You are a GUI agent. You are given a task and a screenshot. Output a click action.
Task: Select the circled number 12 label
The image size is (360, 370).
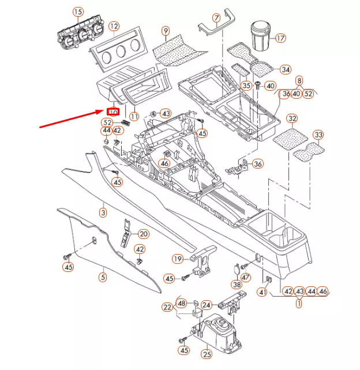[114, 26]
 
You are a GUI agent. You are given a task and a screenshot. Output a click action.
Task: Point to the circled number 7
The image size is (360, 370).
[216, 19]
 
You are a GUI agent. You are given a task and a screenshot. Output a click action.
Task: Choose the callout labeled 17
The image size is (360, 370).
[280, 39]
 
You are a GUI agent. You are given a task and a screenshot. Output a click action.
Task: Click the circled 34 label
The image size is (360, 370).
[285, 70]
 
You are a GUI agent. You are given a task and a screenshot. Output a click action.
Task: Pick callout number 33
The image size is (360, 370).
[318, 135]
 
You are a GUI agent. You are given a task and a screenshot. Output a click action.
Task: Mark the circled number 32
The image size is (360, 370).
[292, 119]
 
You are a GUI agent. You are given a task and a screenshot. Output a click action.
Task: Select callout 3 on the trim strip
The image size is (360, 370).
[103, 212]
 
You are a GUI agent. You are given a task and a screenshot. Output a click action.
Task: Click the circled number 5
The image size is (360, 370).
[103, 278]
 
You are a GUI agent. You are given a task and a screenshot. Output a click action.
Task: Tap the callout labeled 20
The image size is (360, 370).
[143, 234]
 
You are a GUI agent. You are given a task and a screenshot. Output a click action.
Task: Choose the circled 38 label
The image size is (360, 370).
[237, 285]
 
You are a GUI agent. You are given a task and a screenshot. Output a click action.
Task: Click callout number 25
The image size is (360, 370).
[207, 353]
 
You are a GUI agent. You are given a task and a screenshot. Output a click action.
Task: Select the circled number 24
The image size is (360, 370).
[207, 303]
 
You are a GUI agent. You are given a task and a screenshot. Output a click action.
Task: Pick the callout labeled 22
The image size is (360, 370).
[167, 307]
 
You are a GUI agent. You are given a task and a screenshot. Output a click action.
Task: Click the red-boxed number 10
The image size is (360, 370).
[113, 111]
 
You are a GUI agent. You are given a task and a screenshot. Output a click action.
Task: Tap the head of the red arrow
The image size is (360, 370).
[104, 109]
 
